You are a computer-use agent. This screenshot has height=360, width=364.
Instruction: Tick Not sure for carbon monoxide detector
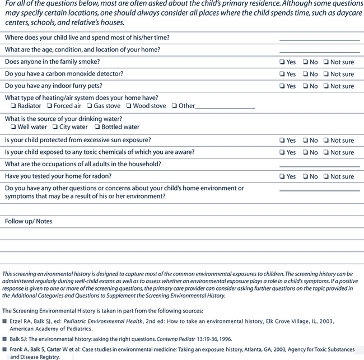coord(325,74)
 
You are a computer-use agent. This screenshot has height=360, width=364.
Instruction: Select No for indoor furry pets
coord(305,87)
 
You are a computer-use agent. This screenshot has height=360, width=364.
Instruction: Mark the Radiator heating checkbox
coord(13,106)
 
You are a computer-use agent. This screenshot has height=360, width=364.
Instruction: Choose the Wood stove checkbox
coord(128,106)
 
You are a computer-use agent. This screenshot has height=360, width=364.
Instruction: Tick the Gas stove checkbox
coord(89,106)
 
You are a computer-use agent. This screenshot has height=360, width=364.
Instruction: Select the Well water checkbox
coord(13,127)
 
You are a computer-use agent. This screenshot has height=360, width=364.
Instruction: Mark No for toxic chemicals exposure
coord(305,153)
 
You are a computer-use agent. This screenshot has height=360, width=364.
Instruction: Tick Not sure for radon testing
coord(325,177)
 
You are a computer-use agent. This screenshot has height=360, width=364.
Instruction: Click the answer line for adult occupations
coord(319,166)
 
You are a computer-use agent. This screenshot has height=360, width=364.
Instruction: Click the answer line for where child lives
coord(319,39)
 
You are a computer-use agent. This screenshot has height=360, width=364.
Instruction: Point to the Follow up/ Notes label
coord(29,221)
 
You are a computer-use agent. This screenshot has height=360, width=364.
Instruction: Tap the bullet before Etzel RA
coord(4,321)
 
